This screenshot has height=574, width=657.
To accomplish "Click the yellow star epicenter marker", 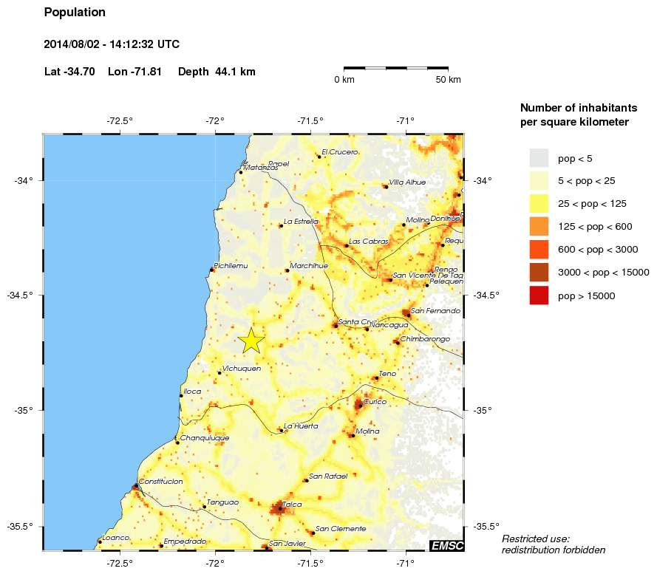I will (251, 341).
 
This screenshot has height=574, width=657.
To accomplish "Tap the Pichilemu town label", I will (231, 265).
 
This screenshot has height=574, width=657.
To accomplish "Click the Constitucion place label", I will (161, 481).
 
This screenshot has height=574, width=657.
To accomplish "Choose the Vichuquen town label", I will (242, 368).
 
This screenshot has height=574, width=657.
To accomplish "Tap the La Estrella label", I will (302, 221).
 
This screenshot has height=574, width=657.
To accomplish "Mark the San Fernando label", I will (435, 311).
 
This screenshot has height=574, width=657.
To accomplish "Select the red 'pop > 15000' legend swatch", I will (539, 295).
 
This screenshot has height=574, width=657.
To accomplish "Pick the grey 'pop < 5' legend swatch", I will (539, 157).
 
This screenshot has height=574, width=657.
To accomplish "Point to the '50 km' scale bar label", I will (448, 79).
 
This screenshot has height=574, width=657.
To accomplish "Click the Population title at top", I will (75, 13).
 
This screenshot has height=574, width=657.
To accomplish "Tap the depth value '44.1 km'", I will (235, 72).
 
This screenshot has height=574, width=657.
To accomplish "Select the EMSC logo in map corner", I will (446, 545).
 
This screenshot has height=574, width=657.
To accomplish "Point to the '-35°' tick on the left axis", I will (27, 410).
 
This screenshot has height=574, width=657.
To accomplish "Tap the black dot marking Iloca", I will (181, 396).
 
